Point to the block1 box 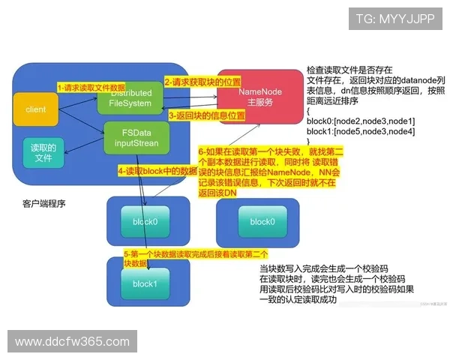(144, 284)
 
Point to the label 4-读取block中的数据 (157, 171)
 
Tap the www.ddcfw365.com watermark (67, 342)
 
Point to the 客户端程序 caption (44, 203)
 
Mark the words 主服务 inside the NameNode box (259, 103)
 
